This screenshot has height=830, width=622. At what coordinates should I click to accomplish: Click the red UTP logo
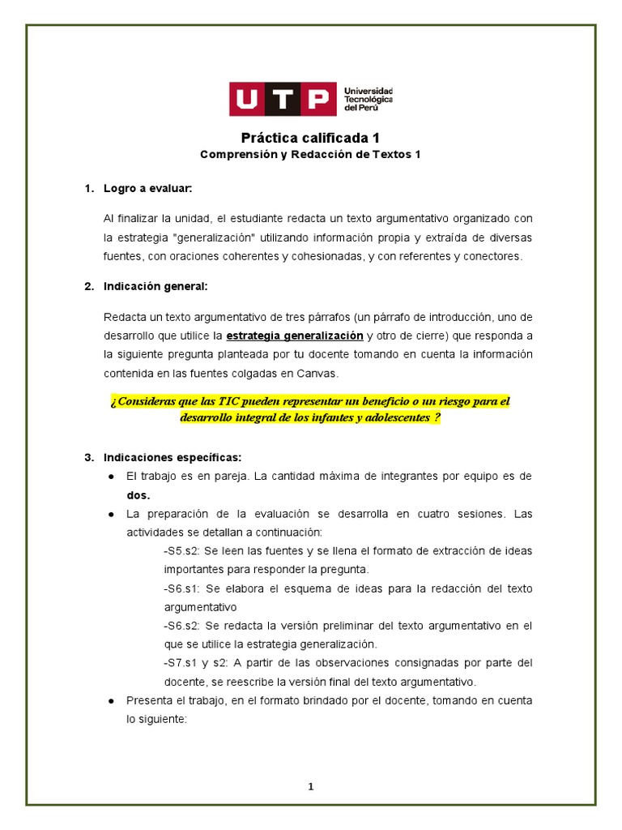pos(282,99)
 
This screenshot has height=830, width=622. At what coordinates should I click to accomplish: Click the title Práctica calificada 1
pos(310,138)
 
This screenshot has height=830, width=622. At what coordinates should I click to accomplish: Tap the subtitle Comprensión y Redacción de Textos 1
pos(310,154)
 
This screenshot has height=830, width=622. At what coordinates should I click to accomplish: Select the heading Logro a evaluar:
pos(147,189)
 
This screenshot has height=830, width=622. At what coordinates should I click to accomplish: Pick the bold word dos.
pos(138,495)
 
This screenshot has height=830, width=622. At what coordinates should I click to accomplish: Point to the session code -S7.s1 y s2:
pos(198,663)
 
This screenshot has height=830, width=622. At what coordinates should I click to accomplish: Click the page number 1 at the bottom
pos(310,786)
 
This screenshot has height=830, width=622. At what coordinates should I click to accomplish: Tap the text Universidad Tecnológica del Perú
pos(369,99)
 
